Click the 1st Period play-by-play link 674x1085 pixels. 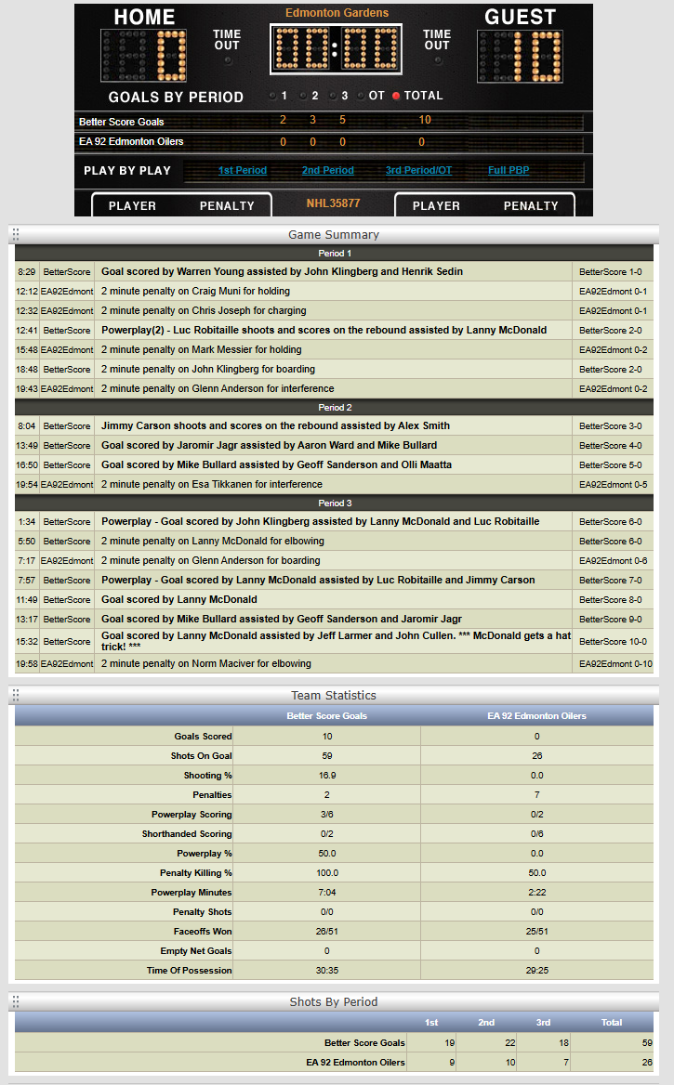click(242, 171)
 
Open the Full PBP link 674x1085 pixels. click(509, 171)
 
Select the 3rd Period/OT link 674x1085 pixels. click(418, 171)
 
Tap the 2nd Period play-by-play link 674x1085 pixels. click(327, 171)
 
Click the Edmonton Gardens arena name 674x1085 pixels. click(337, 13)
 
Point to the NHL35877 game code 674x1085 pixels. click(333, 203)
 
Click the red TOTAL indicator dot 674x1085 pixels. click(396, 96)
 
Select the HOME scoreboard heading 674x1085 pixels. click(144, 18)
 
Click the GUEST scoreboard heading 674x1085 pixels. click(521, 18)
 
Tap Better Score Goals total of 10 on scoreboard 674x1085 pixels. click(425, 120)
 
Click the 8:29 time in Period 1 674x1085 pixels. click(26, 272)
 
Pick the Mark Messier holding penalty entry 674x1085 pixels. click(202, 350)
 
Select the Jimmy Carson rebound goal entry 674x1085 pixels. click(275, 426)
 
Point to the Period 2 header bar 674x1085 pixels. click(335, 408)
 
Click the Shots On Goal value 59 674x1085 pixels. click(327, 756)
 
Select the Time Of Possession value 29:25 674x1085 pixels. click(537, 971)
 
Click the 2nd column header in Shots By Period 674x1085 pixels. click(486, 1023)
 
